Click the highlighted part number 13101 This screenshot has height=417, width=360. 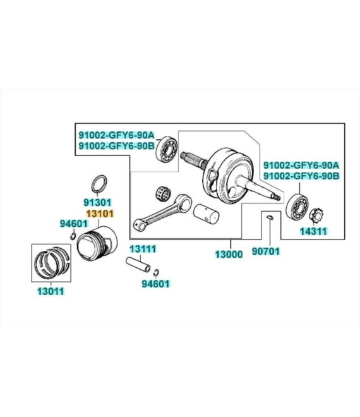tap(100, 214)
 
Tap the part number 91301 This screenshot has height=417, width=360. tap(97, 202)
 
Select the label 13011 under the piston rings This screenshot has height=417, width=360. tap(51, 291)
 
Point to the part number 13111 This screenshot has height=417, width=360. tap(143, 249)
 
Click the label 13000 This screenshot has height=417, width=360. tap(229, 254)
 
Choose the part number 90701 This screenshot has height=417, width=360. tap(266, 251)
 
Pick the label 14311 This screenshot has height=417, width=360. tap(313, 231)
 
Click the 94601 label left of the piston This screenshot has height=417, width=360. tap(74, 224)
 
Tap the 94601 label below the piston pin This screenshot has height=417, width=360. tap(155, 284)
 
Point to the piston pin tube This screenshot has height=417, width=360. tap(138, 264)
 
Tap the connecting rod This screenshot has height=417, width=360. tap(162, 212)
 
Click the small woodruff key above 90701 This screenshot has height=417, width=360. tap(270, 217)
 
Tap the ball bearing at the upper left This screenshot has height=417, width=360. tap(167, 149)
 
